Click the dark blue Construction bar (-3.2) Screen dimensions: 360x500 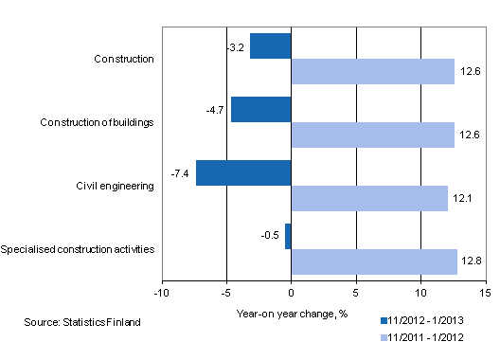pyautogui.click(x=271, y=45)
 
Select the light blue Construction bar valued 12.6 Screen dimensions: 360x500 pyautogui.click(x=372, y=72)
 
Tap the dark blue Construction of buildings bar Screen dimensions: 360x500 pyautogui.click(x=261, y=109)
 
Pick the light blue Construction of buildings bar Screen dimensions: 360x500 pyautogui.click(x=372, y=135)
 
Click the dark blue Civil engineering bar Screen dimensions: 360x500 pyautogui.click(x=243, y=172)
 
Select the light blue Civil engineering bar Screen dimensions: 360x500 pyautogui.click(x=369, y=199)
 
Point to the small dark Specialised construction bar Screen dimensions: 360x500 pyautogui.click(x=288, y=236)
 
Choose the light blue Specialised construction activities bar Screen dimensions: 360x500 pyautogui.click(x=374, y=262)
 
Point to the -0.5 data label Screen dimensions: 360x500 pyautogui.click(x=271, y=237)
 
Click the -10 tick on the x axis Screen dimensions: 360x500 pyautogui.click(x=162, y=293)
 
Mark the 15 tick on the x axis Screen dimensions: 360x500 pyautogui.click(x=485, y=293)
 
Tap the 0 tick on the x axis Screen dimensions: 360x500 pyautogui.click(x=292, y=293)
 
